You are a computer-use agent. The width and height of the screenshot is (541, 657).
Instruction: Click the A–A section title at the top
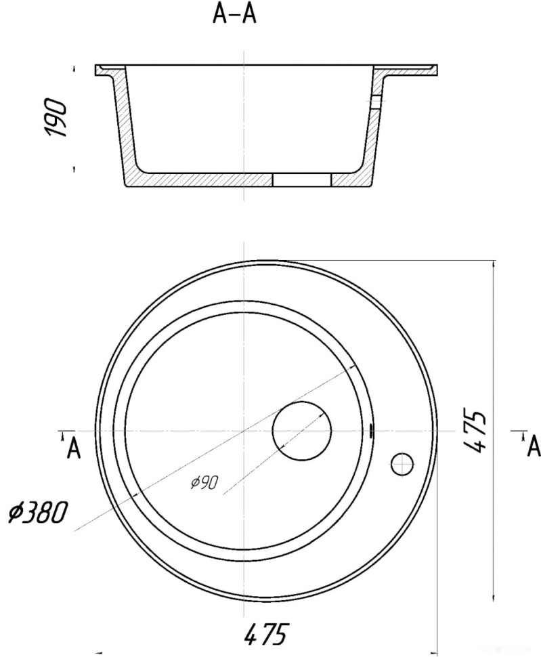pyautogui.click(x=234, y=14)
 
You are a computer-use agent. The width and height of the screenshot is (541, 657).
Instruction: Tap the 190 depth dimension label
pyautogui.click(x=57, y=119)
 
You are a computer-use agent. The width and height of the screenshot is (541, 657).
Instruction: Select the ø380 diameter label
pyautogui.click(x=38, y=513)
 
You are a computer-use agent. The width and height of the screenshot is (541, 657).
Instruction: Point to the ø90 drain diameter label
pyautogui.click(x=204, y=483)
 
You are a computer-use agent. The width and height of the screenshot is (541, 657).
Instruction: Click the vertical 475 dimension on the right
pyautogui.click(x=476, y=431)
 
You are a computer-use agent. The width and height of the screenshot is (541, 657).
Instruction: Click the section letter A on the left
pyautogui.click(x=74, y=449)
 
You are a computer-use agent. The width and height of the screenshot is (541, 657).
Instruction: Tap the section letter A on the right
pyautogui.click(x=534, y=446)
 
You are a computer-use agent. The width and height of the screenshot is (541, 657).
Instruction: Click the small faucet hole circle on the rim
pyautogui.click(x=402, y=464)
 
